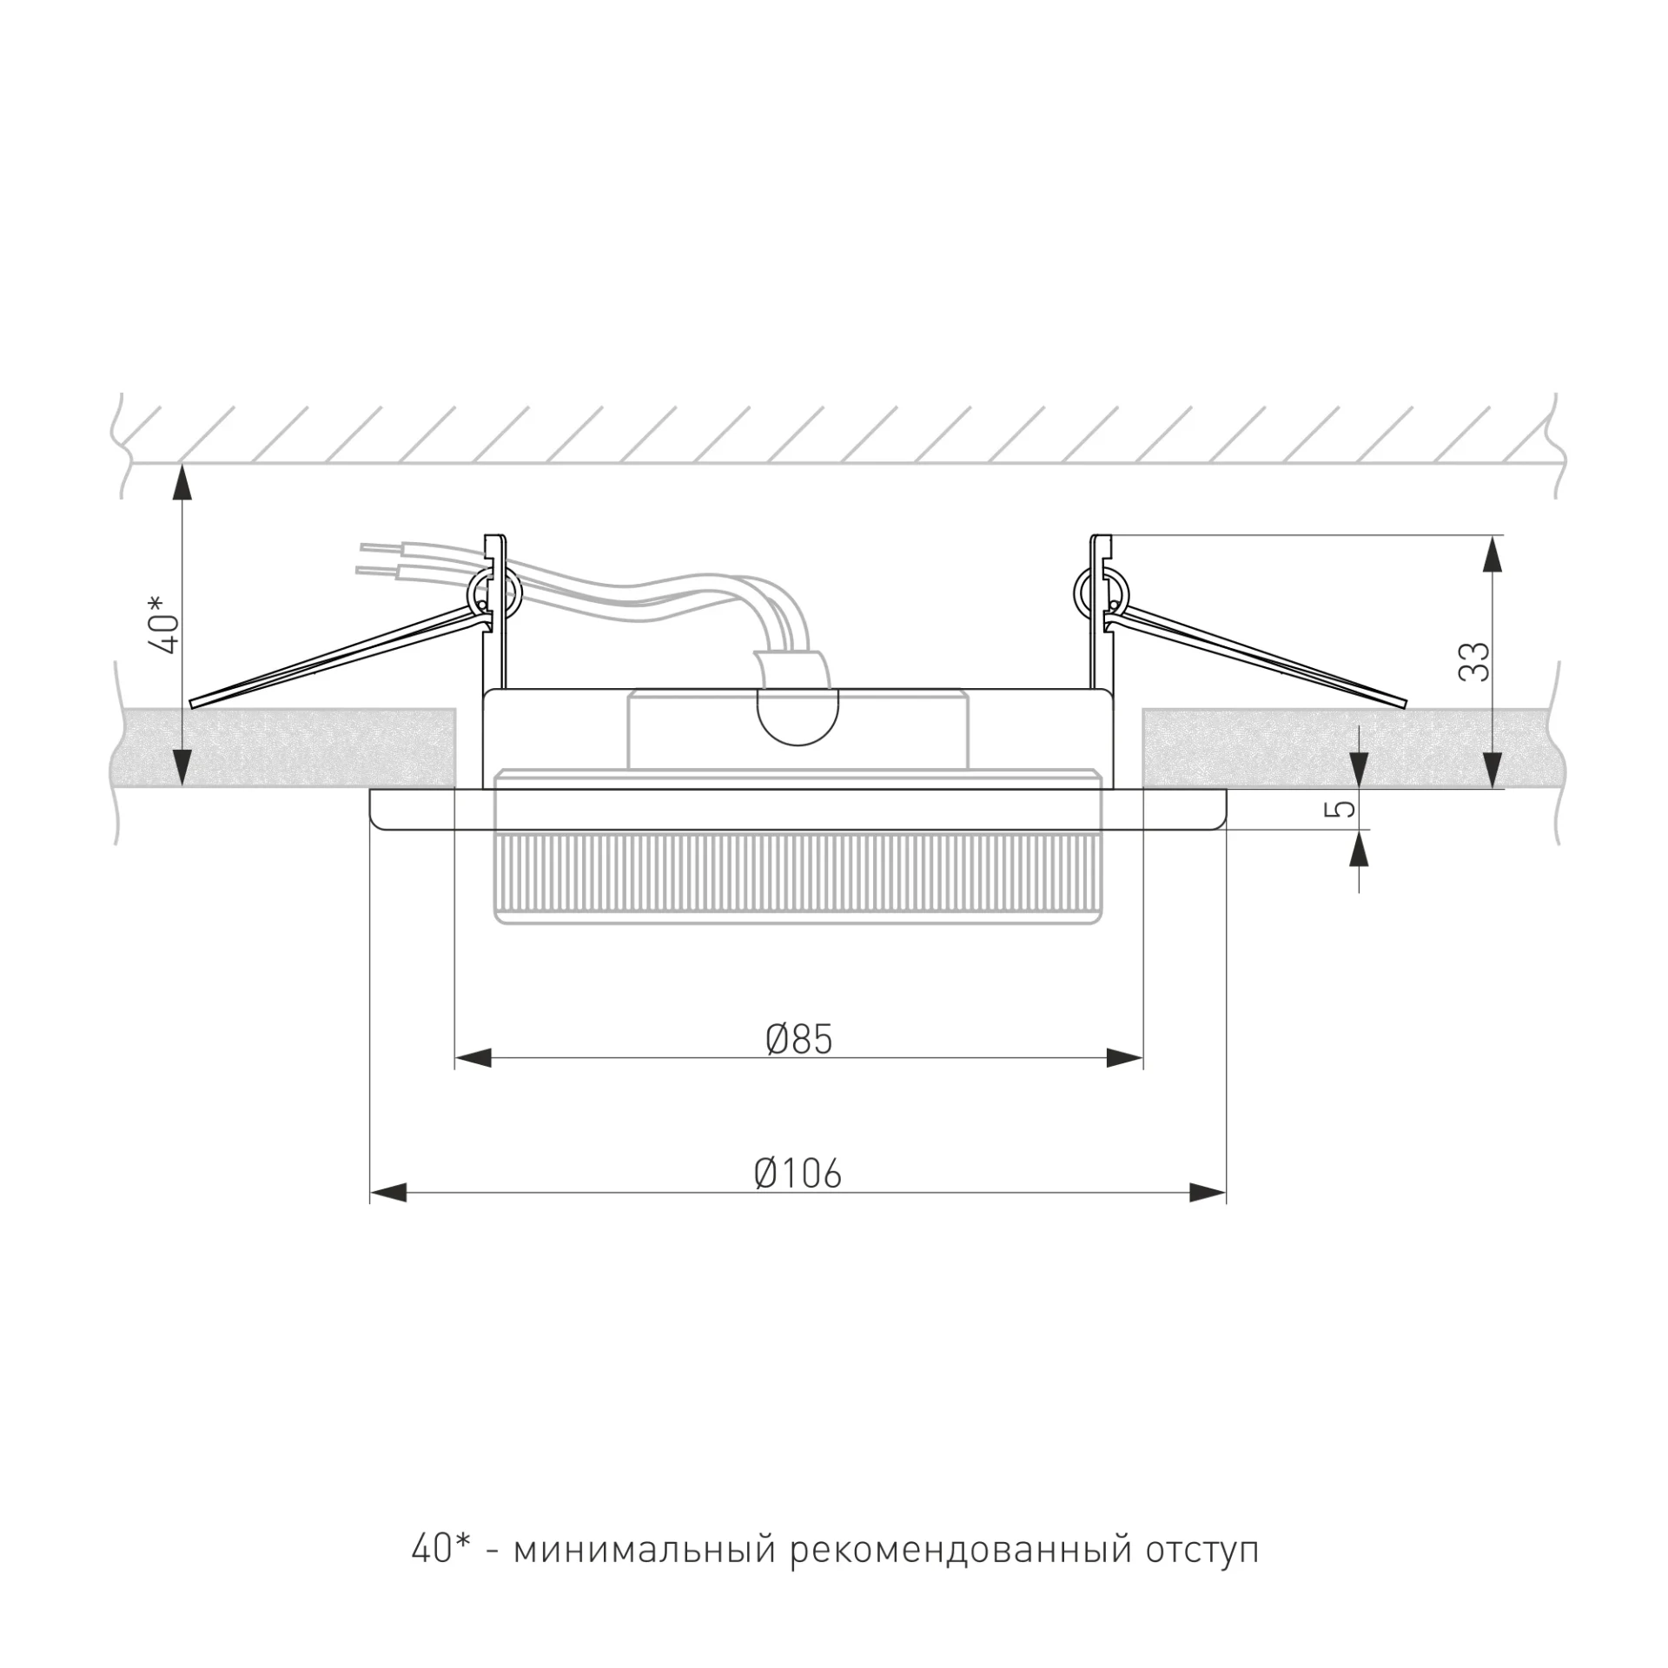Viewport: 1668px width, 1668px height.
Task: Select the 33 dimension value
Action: tap(1475, 661)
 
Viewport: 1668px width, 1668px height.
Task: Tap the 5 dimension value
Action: tap(1344, 809)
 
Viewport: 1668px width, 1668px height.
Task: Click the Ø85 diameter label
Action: tap(799, 1039)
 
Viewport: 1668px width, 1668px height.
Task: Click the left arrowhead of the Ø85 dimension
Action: tap(473, 1058)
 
